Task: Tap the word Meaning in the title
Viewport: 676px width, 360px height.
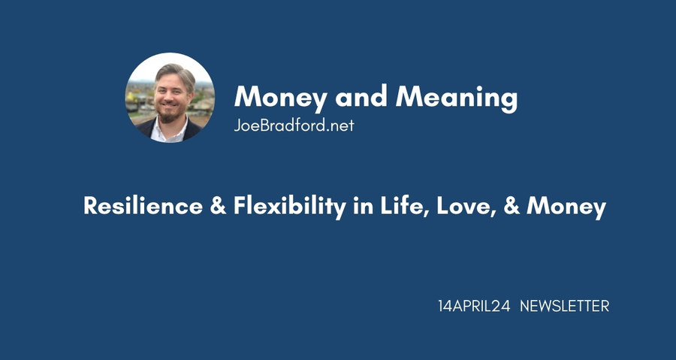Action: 457,98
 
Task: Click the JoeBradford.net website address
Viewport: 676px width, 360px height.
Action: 294,126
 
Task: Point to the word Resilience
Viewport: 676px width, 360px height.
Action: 143,206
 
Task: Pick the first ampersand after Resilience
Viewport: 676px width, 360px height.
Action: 218,206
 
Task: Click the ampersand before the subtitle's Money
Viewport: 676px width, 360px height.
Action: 511,206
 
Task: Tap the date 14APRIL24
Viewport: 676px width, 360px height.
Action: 474,306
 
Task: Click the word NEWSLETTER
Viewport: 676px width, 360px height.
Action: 564,306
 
